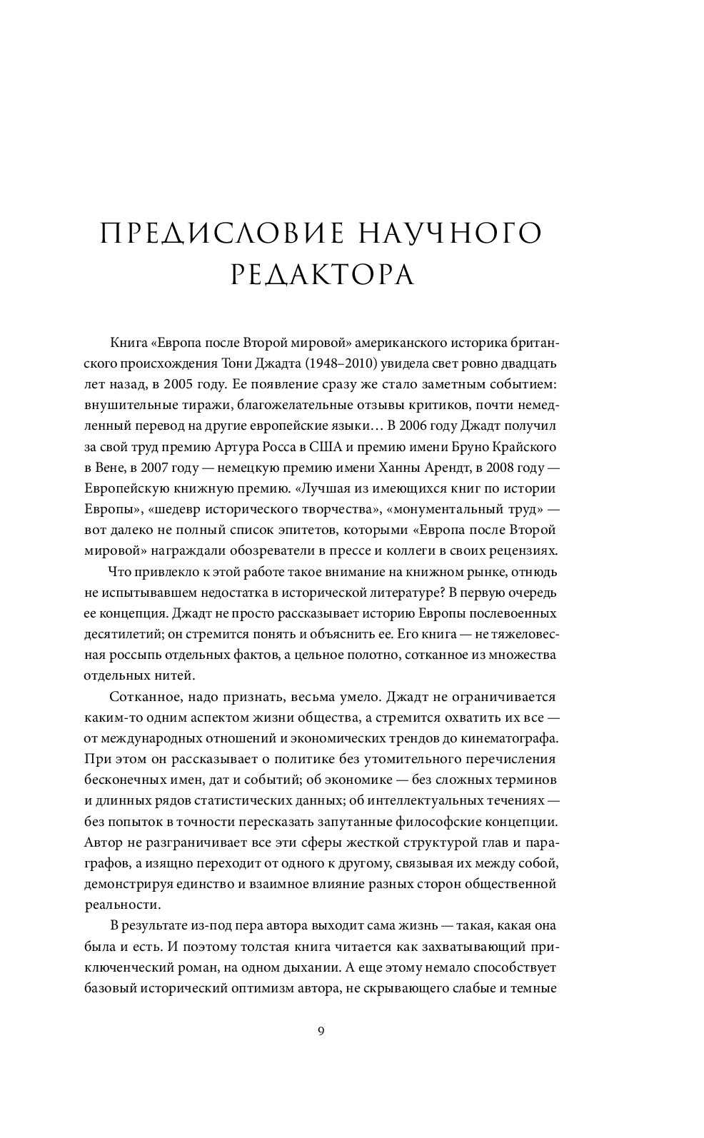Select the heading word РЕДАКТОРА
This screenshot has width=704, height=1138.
click(323, 276)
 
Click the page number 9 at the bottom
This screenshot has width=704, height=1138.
click(321, 1030)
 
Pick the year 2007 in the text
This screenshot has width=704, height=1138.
click(158, 468)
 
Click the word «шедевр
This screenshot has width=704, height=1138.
click(174, 509)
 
